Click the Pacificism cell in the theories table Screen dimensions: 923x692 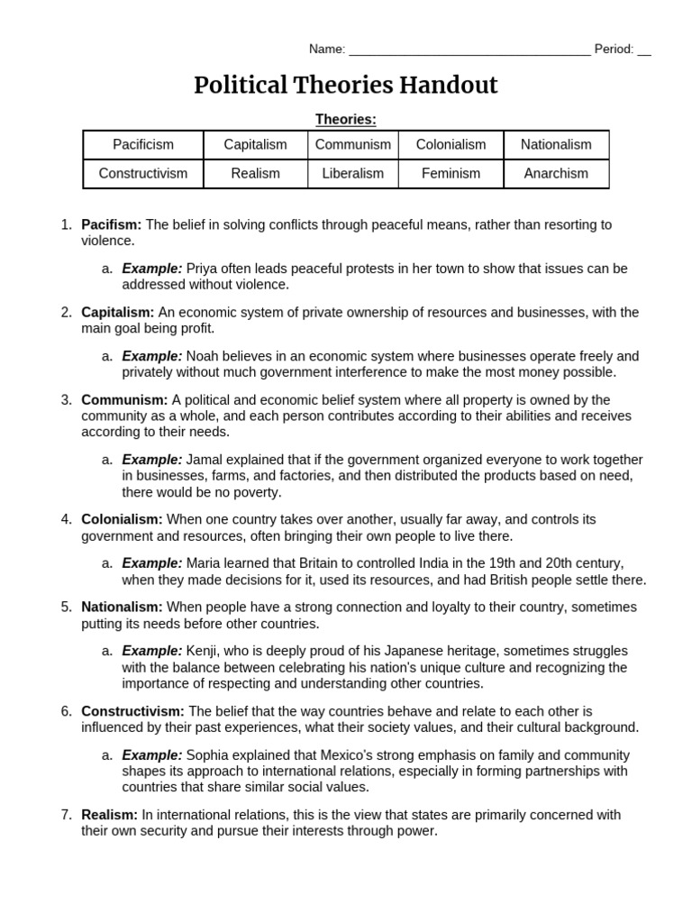click(143, 144)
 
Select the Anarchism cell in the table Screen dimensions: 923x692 click(556, 173)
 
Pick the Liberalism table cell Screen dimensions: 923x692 click(352, 173)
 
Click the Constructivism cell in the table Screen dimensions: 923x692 click(143, 173)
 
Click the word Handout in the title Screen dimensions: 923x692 click(445, 86)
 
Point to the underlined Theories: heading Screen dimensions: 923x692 click(346, 119)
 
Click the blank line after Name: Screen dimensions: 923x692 click(469, 50)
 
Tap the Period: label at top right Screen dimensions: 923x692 click(614, 50)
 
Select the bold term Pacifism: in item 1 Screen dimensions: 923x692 click(112, 224)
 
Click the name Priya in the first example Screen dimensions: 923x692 click(203, 269)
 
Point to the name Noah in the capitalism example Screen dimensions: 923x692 click(203, 356)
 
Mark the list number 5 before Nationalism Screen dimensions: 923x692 click(66, 607)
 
